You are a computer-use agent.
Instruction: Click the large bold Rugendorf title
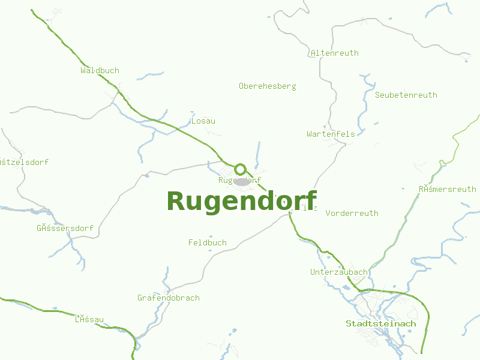click(241, 200)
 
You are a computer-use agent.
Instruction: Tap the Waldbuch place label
click(100, 70)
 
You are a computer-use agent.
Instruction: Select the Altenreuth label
click(334, 53)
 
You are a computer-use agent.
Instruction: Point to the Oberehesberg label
click(267, 86)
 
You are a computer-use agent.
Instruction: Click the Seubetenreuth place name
click(406, 95)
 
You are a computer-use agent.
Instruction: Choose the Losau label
click(203, 121)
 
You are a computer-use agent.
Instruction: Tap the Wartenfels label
click(331, 134)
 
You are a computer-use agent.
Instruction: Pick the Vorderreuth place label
click(352, 213)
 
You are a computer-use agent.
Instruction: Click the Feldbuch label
click(207, 242)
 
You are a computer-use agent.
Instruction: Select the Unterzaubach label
click(338, 272)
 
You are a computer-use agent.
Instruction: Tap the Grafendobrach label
click(168, 298)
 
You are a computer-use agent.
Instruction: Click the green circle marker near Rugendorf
click(241, 169)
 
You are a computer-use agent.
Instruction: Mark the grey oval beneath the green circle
click(242, 181)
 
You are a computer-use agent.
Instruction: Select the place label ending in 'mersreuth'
click(447, 189)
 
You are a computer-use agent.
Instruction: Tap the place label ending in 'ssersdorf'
click(65, 228)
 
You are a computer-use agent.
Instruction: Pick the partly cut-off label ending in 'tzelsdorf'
click(24, 162)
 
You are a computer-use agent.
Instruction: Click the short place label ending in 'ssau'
click(89, 319)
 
